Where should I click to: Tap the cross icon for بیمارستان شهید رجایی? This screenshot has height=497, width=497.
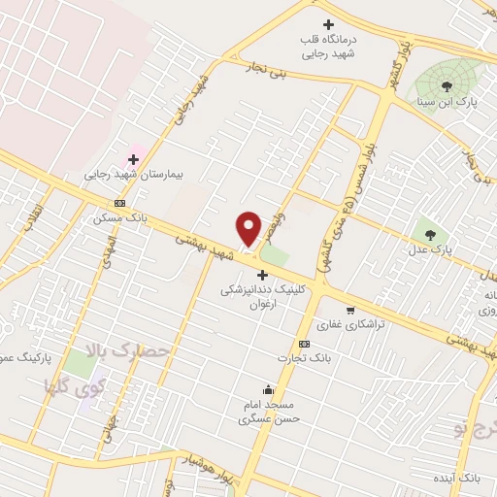(x=134, y=159)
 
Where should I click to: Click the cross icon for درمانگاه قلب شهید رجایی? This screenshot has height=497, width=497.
(x=329, y=24)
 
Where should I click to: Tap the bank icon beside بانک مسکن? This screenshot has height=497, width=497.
(x=119, y=203)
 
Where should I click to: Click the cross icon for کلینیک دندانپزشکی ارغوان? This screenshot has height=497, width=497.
(x=263, y=276)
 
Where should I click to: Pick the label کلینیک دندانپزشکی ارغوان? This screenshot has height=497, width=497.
(x=257, y=296)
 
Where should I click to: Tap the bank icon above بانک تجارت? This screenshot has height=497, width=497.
(x=305, y=344)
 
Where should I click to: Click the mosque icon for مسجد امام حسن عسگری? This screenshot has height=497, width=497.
(x=268, y=389)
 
